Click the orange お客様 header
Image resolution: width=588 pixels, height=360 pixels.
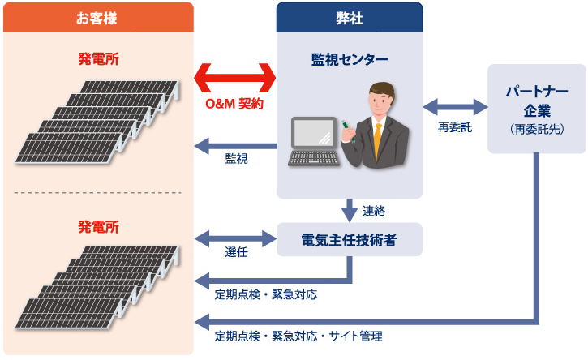coord(98,18)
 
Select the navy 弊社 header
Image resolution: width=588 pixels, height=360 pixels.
coord(350,18)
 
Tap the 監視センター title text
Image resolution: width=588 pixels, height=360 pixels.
coord(350,59)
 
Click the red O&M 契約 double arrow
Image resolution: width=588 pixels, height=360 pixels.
coord(235,78)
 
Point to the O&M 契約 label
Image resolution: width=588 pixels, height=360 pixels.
coord(234,104)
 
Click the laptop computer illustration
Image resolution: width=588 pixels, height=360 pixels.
coord(314,141)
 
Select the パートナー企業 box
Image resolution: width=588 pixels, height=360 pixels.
coord(537,109)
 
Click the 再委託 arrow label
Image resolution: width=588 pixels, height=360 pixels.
coord(455,127)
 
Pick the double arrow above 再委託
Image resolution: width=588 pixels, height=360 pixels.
coord(455,107)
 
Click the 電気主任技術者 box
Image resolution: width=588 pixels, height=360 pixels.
coord(350,240)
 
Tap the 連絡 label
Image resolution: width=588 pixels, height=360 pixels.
coord(374,211)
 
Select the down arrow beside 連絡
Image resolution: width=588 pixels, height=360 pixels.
coord(350,210)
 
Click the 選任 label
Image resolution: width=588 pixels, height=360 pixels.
coord(236,252)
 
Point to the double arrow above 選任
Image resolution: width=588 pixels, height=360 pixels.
coord(235,238)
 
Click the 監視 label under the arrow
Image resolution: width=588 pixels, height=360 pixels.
coord(236,159)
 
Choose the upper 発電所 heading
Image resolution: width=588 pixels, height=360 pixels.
coord(98,59)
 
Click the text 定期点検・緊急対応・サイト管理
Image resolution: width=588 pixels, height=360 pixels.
coord(298,336)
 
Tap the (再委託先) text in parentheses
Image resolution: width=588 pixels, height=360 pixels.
coord(537,130)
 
